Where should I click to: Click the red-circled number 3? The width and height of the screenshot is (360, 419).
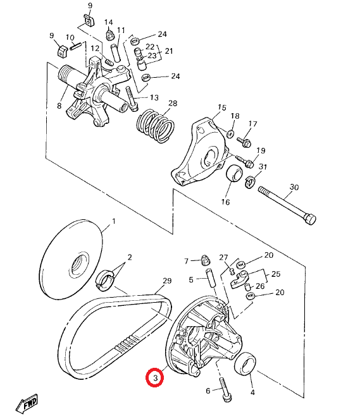point(154,377)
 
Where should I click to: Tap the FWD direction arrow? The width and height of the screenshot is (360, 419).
point(27,403)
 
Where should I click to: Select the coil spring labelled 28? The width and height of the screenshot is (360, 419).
point(156,125)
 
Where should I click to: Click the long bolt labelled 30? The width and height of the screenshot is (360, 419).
point(287,205)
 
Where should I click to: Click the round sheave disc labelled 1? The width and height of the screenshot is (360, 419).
point(71,258)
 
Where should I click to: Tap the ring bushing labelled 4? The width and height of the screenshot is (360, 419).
point(245,364)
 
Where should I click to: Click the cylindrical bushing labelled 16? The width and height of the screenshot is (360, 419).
point(234,173)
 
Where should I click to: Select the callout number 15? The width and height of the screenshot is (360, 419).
point(221,107)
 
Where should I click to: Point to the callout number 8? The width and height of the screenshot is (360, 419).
point(59,106)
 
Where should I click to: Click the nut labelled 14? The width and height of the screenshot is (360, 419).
point(109,35)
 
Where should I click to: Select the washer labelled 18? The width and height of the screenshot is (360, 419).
point(230,133)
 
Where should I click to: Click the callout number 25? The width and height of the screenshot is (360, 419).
point(275,274)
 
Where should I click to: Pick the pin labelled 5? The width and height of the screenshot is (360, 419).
point(210,278)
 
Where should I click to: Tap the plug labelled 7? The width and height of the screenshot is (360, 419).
point(206,259)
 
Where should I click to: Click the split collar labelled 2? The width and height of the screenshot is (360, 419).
point(105,280)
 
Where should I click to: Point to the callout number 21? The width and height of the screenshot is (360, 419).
point(169,51)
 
